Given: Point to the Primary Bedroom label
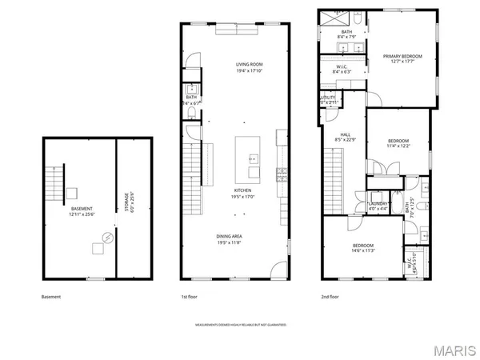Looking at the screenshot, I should click(x=402, y=58).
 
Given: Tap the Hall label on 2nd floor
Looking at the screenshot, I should click(x=346, y=137).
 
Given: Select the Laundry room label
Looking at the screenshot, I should click(x=378, y=206).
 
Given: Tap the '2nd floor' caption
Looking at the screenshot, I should click(x=329, y=297).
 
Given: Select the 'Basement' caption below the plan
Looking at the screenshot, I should click(x=50, y=297).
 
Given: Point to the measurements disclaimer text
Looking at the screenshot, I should click(x=240, y=326).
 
